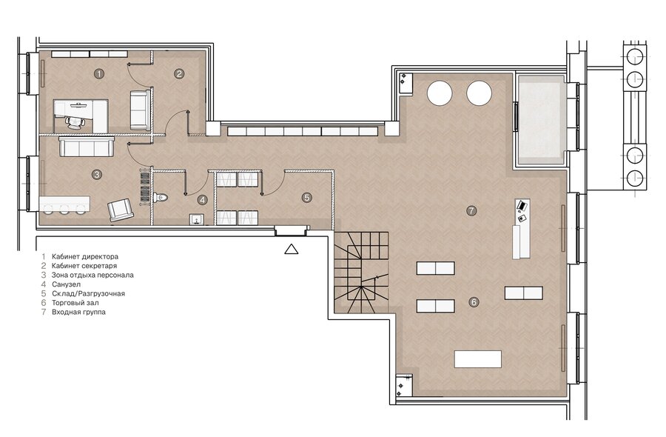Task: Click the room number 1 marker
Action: (x=99, y=73)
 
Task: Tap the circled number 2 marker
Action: (x=179, y=73)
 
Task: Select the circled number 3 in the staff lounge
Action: (x=97, y=174)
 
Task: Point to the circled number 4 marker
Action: (x=203, y=200)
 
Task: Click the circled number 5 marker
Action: (x=306, y=197)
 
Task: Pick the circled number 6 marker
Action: (x=474, y=302)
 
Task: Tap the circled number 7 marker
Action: (x=471, y=210)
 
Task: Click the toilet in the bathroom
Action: (x=161, y=197)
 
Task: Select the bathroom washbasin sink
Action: (x=197, y=219)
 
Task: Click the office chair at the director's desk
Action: (x=75, y=121)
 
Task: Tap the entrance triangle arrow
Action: (x=291, y=249)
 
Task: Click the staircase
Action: (x=361, y=273)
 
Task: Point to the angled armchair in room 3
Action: (x=121, y=210)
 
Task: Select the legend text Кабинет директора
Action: (x=85, y=257)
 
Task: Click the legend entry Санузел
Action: (x=67, y=284)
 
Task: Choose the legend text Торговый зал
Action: (x=75, y=303)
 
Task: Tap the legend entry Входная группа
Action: (x=78, y=312)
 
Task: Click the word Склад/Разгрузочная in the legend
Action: (x=88, y=294)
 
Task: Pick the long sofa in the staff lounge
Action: (x=87, y=146)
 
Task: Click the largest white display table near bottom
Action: (x=478, y=359)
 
